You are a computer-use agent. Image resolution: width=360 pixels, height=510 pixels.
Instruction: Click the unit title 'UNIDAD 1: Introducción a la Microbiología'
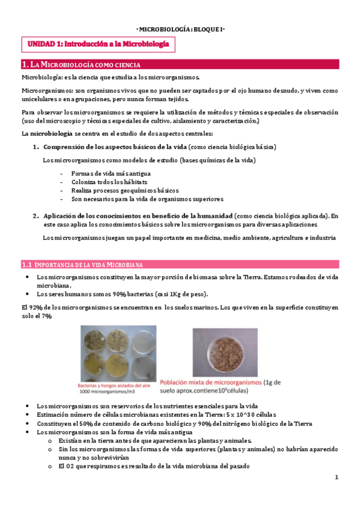click(x=99, y=44)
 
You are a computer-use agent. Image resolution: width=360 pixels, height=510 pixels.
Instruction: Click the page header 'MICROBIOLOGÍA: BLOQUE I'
click(x=180, y=28)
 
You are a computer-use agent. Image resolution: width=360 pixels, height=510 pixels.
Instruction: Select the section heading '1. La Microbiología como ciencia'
click(x=81, y=64)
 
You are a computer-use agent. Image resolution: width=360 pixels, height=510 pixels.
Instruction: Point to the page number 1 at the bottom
click(x=337, y=477)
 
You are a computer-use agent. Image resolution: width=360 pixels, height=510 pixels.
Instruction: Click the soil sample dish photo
click(x=225, y=351)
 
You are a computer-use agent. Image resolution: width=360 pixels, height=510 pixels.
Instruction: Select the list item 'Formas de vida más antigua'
click(x=106, y=174)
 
